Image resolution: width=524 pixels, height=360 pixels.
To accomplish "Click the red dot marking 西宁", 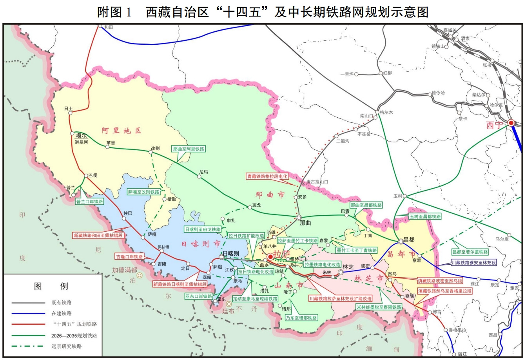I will coord(511,123).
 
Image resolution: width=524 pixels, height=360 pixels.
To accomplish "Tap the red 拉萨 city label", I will coord(281,254).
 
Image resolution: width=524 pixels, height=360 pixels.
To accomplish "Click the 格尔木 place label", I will coord(386,112).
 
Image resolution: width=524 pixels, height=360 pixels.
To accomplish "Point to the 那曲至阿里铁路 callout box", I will coord(189,149).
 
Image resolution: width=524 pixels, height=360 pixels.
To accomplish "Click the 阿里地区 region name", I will coord(121,131).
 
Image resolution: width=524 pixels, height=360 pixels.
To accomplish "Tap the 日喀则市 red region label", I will coord(201,244).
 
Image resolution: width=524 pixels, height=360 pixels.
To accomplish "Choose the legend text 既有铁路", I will coord(62,303).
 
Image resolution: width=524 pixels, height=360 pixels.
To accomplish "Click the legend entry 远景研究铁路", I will coord(67,346).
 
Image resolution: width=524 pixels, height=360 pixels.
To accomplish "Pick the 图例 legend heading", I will coord(51,286).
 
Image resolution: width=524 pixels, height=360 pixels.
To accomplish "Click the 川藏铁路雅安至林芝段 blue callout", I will coord(473,263).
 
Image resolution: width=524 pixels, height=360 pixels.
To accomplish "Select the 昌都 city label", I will coord(409,239).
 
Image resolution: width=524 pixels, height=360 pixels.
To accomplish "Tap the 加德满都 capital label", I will coord(125,270).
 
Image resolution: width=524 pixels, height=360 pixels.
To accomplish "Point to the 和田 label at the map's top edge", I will coord(109,27).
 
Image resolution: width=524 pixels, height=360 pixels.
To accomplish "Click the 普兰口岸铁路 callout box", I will coord(90,202).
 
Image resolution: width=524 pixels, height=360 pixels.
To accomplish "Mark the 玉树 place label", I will coord(398,196).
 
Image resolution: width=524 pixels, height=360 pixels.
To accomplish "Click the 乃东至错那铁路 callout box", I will coord(301,318).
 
